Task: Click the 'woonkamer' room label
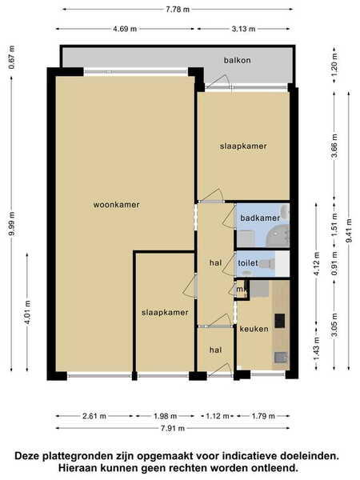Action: pos(116,205)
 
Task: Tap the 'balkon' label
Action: pos(238,60)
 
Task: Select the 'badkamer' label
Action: pos(260,218)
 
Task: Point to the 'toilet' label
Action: pos(248,263)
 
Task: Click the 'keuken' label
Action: pos(254,329)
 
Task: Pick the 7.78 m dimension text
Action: pos(178,9)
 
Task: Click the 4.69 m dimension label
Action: pos(125,29)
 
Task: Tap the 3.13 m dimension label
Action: pos(243,29)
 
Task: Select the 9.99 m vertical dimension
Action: pos(12,224)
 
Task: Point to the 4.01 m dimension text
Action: pos(27,312)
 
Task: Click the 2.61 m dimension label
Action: pos(94,416)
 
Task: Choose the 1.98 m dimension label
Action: pos(166,416)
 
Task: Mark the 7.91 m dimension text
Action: pos(173,428)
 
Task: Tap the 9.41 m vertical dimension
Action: pos(349,231)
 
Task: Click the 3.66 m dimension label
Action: pos(334,146)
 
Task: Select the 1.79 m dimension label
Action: pos(263,416)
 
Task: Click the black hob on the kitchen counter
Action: pos(279,320)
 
